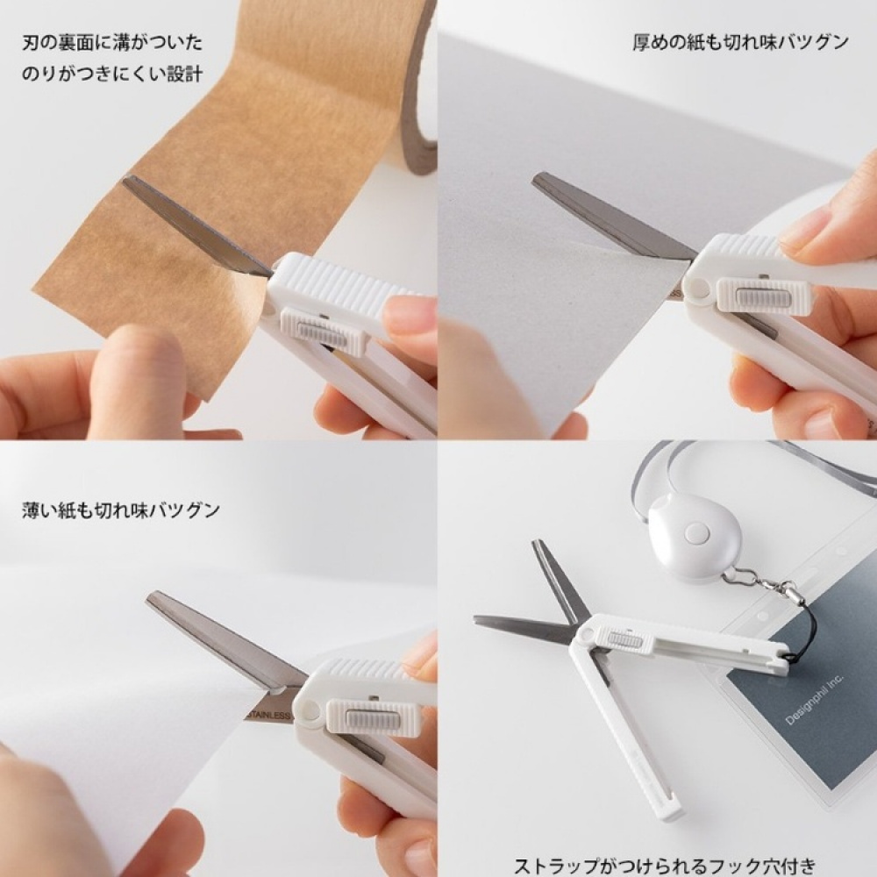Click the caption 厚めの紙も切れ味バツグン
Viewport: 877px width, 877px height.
(740, 42)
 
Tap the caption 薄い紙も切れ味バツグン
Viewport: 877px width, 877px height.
(121, 509)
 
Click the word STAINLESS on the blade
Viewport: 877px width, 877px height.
(267, 716)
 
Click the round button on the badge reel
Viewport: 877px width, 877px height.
(696, 531)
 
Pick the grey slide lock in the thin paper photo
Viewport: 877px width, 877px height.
(368, 718)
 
